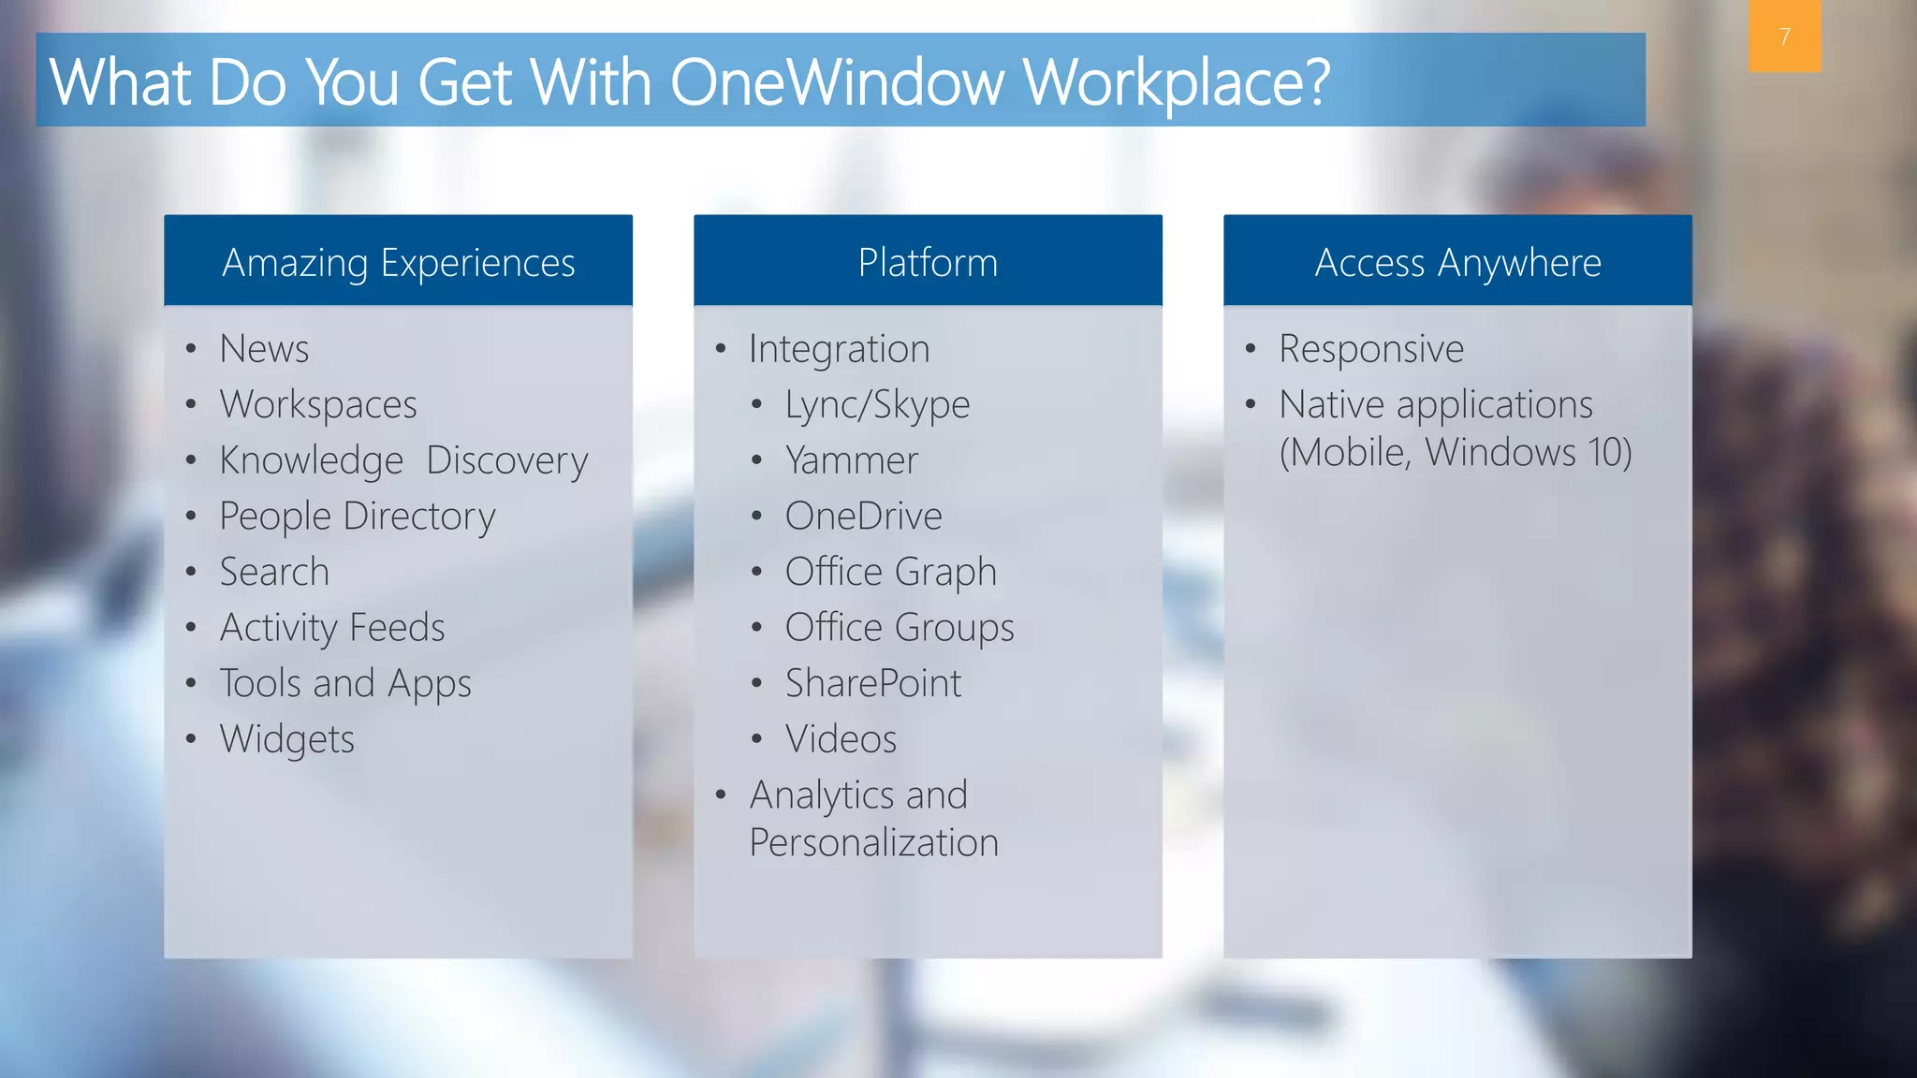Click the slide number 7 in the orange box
pos(1784,36)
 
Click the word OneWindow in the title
pos(837,82)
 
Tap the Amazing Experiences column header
pos(398,263)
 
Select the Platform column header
pos(928,263)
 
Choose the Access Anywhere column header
pos(1457,263)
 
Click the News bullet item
pos(264,349)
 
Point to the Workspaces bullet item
pos(318,405)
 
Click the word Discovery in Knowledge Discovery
pos(506,460)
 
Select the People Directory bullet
pos(357,517)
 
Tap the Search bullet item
pos(274,572)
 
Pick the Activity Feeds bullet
pos(332,628)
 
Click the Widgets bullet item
pos(286,739)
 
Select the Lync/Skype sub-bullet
pos(877,405)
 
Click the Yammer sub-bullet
pos(852,460)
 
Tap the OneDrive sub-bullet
pos(863,517)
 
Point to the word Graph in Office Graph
pos(945,572)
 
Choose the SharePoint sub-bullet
pos(872,683)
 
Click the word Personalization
pos(873,842)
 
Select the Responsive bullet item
pos(1371,349)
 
